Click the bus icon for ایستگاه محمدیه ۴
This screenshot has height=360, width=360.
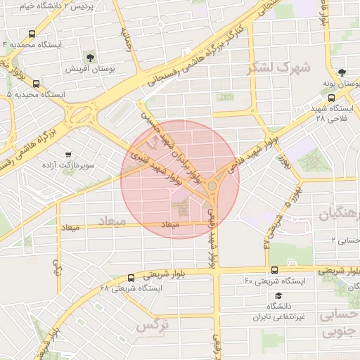click(32, 33)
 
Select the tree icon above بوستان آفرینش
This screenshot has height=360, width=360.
click(90, 57)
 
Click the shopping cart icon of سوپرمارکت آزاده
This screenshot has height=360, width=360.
click(68, 155)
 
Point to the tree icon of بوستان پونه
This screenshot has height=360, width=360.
click(341, 72)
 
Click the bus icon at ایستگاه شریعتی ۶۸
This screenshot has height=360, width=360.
click(131, 277)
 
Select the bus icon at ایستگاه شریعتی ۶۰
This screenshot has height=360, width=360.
click(274, 271)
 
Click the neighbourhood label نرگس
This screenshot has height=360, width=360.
click(148, 326)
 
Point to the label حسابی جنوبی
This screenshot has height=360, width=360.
click(340, 323)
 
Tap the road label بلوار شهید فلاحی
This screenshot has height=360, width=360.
click(259, 148)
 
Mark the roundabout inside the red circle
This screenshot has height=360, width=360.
click(212, 186)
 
